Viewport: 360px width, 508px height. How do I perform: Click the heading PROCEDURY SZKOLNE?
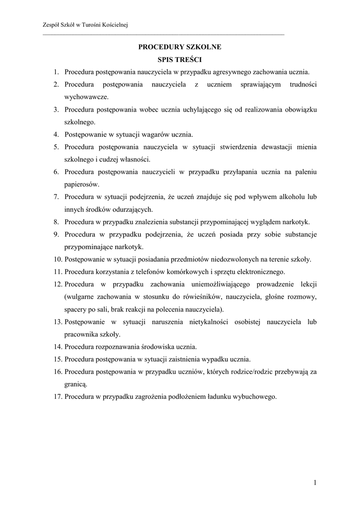coord(179,47)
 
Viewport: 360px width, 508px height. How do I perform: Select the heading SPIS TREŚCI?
coord(179,60)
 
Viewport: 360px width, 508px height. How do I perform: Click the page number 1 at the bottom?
coord(315,482)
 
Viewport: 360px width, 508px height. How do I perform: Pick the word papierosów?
coord(81,184)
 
